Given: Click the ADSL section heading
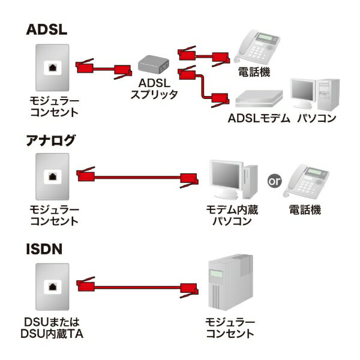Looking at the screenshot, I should coord(47,30).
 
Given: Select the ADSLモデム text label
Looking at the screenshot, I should coord(259,118).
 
